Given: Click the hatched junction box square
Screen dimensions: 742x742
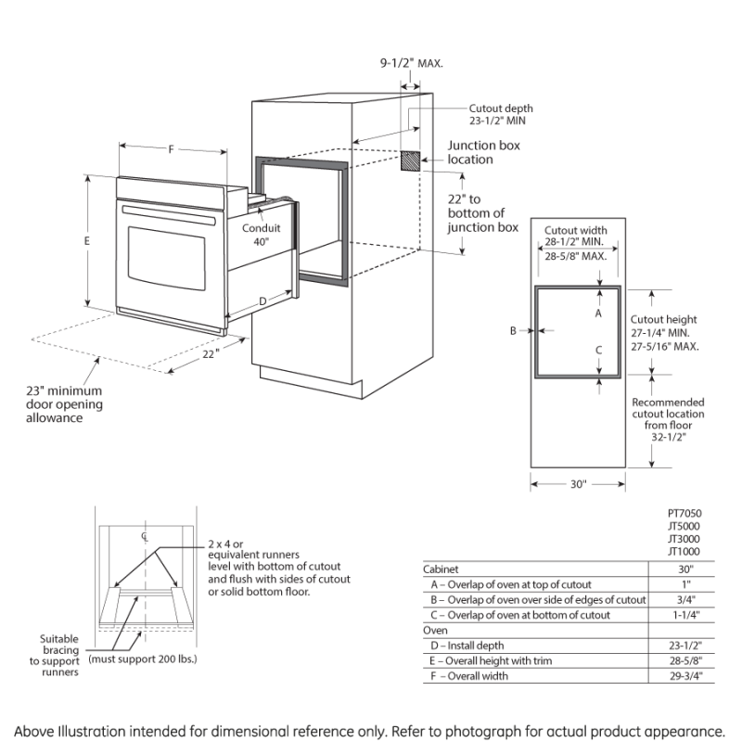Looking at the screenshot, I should [411, 160].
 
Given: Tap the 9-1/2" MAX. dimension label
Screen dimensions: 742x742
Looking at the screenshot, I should [411, 63].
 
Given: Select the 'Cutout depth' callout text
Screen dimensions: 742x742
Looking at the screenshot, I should [500, 108].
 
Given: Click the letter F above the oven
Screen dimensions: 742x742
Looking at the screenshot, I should [172, 148].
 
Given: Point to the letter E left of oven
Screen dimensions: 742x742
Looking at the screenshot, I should [86, 240].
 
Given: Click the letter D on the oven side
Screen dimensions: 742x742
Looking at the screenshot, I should [262, 301].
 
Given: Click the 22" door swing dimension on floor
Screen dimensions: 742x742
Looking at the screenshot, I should [211, 353].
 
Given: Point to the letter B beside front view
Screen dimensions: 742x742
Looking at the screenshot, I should [512, 330].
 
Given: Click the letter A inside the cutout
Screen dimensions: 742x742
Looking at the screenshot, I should [599, 314].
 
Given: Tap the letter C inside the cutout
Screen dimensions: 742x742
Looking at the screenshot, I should [599, 350].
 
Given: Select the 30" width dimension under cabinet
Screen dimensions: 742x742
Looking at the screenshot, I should [577, 483].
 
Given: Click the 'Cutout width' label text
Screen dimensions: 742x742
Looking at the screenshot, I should [575, 230].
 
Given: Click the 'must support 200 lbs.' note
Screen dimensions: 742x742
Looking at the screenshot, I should [144, 659].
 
